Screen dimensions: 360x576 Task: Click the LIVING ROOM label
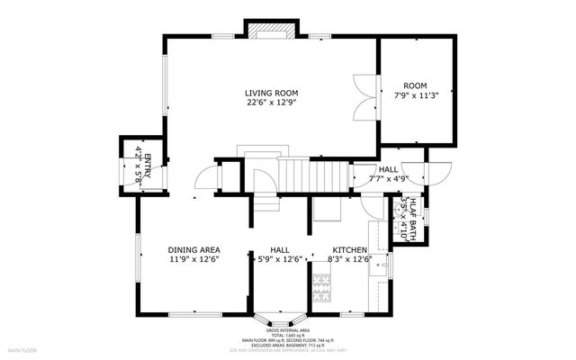271,93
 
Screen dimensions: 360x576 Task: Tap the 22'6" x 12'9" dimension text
271,103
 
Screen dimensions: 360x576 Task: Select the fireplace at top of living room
267,33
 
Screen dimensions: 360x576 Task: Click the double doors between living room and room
364,97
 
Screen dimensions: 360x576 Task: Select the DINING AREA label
193,249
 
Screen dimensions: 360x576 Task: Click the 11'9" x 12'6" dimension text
193,259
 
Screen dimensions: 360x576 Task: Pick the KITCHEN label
349,249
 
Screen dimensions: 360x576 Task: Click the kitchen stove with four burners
321,286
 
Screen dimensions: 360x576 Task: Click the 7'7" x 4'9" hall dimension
388,179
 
